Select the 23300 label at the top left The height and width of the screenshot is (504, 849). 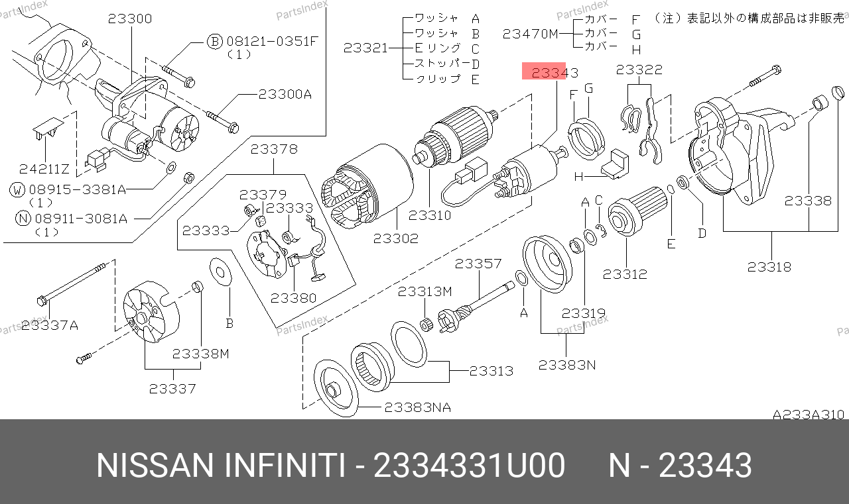tap(130, 19)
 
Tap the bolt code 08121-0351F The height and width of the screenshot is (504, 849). tap(272, 41)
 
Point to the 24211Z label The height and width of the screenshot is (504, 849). tap(44, 169)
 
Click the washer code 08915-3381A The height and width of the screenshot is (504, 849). tap(78, 189)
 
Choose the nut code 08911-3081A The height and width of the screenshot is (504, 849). tap(81, 219)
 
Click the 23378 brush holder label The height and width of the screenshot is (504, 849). tap(274, 149)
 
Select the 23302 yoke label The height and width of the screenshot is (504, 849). tap(396, 238)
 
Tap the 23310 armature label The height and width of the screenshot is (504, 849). tap(430, 215)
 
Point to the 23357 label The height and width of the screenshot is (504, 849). tap(478, 264)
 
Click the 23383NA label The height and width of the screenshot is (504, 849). tap(418, 407)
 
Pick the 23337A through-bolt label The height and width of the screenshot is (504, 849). tap(50, 325)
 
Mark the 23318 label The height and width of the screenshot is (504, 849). tap(769, 267)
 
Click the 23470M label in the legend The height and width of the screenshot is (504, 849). tap(531, 34)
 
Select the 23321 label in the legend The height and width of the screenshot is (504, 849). tap(365, 48)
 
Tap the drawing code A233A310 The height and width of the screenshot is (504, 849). tap(809, 415)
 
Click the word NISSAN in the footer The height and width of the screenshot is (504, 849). tap(155, 465)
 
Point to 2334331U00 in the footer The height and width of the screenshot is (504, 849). tap(469, 465)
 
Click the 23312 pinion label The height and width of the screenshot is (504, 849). tap(625, 274)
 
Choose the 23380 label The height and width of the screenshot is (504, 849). tap(293, 298)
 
